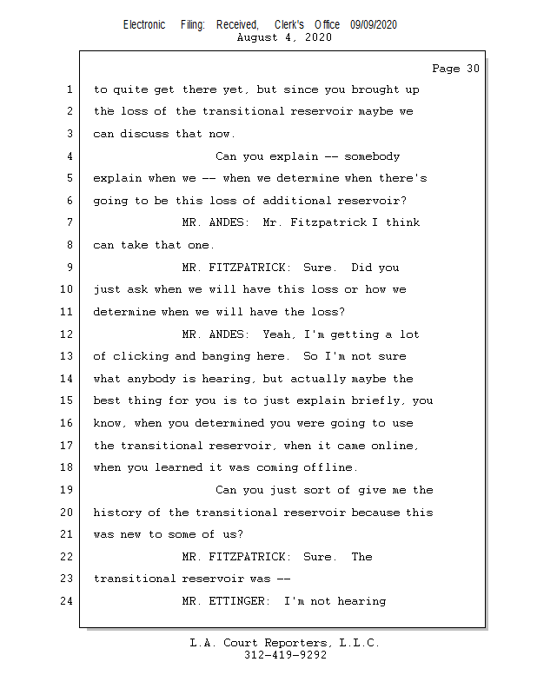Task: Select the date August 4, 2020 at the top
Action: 283,37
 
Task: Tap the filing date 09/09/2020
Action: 374,25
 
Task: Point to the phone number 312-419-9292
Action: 286,655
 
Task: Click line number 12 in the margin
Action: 69,334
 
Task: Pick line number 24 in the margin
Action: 69,601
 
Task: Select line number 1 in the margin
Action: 69,89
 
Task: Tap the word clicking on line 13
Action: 141,356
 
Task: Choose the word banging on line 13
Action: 229,356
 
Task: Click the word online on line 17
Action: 395,446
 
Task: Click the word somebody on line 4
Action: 372,156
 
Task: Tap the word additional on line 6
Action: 283,201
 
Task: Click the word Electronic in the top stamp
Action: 144,25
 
